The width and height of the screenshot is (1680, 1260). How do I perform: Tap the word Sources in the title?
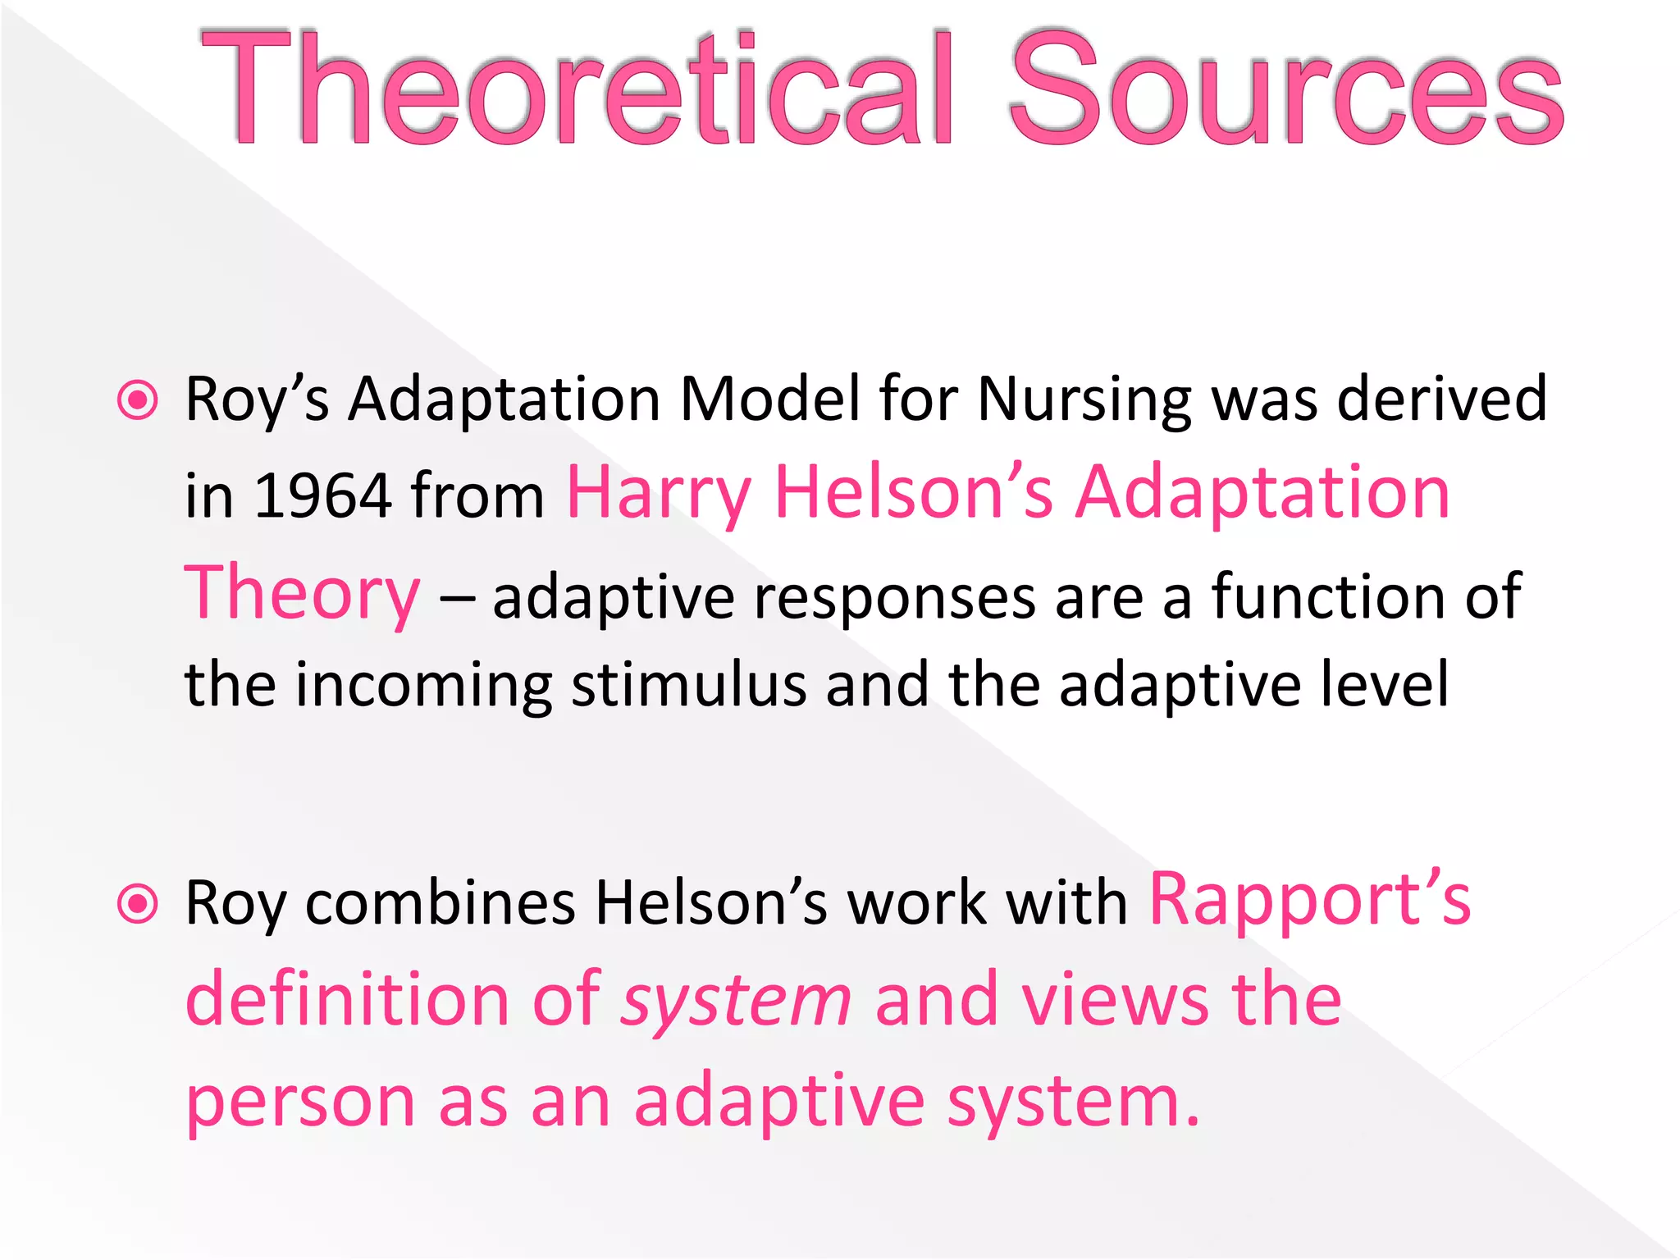point(1285,89)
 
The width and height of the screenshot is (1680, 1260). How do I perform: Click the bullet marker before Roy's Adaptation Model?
point(137,401)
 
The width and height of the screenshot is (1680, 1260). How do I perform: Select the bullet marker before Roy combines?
point(137,905)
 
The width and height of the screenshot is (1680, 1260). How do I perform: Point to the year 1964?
point(322,495)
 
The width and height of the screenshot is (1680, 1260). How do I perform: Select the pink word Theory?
point(302,595)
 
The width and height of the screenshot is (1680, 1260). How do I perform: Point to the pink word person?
point(300,1103)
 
